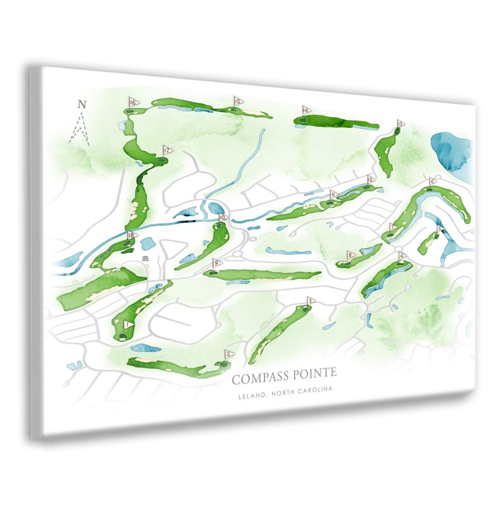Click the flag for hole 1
128,325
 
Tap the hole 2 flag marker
229,354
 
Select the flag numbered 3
310,301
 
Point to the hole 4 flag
402,256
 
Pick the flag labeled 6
432,182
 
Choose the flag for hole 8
351,255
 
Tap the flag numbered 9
217,263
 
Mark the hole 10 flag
222,217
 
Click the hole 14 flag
306,110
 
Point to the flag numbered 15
238,101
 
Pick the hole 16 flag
133,102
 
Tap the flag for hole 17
167,150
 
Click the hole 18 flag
132,235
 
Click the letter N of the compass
81,105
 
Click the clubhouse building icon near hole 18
145,259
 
